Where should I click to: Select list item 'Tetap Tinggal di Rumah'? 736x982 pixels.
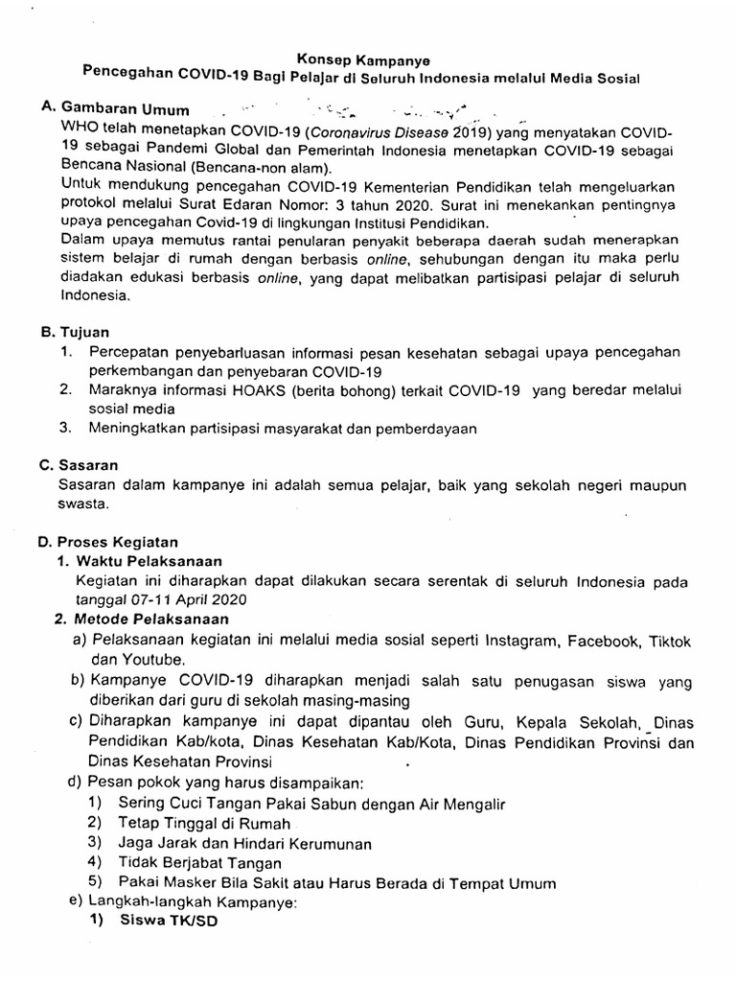205,823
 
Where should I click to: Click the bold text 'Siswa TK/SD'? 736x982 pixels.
169,922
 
